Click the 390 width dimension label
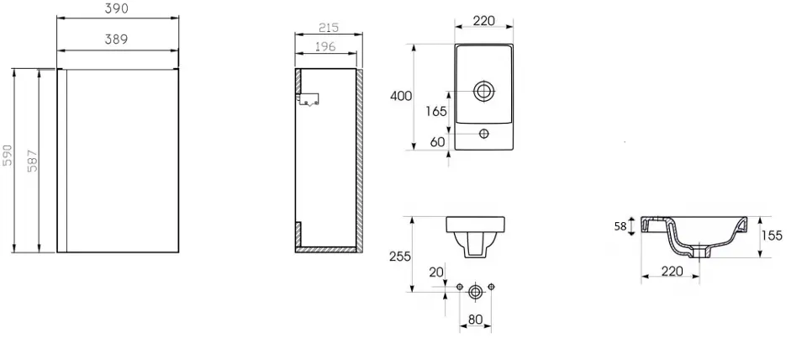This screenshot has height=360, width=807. click(x=116, y=8)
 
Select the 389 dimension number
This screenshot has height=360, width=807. click(x=116, y=40)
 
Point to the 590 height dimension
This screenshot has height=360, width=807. click(x=8, y=155)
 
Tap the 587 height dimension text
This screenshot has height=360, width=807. click(x=32, y=161)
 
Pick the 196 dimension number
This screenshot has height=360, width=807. click(x=324, y=46)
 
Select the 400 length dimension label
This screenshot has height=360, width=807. click(x=402, y=96)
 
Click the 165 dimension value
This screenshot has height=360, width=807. click(x=436, y=111)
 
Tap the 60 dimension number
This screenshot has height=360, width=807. click(x=437, y=141)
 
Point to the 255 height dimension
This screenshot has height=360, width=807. click(x=400, y=256)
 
